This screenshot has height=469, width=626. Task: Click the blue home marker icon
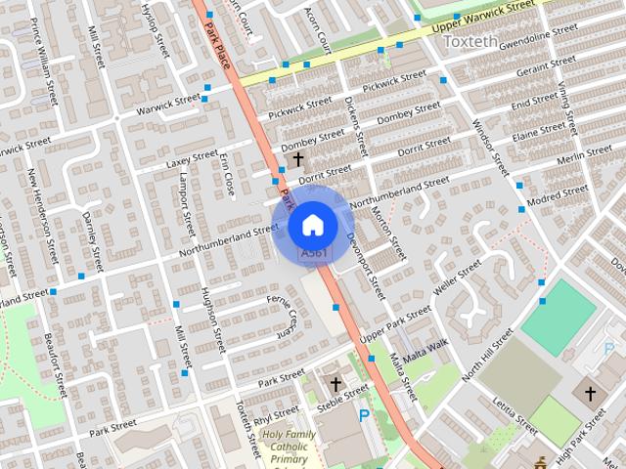(x=312, y=225)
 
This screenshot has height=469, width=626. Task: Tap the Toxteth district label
(x=470, y=42)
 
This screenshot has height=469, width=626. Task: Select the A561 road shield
(x=314, y=253)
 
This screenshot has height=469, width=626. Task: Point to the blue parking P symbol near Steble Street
(x=365, y=415)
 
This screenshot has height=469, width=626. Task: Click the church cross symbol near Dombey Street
(x=298, y=157)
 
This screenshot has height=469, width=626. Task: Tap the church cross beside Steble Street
(x=336, y=383)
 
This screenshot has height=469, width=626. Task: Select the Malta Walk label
(x=424, y=352)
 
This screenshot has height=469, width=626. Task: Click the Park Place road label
(x=218, y=44)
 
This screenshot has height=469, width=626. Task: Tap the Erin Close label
(x=228, y=173)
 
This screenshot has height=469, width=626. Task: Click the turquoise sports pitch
(x=558, y=317)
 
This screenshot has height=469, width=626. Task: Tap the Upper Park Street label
(x=394, y=324)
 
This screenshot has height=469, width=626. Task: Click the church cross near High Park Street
(x=590, y=394)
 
